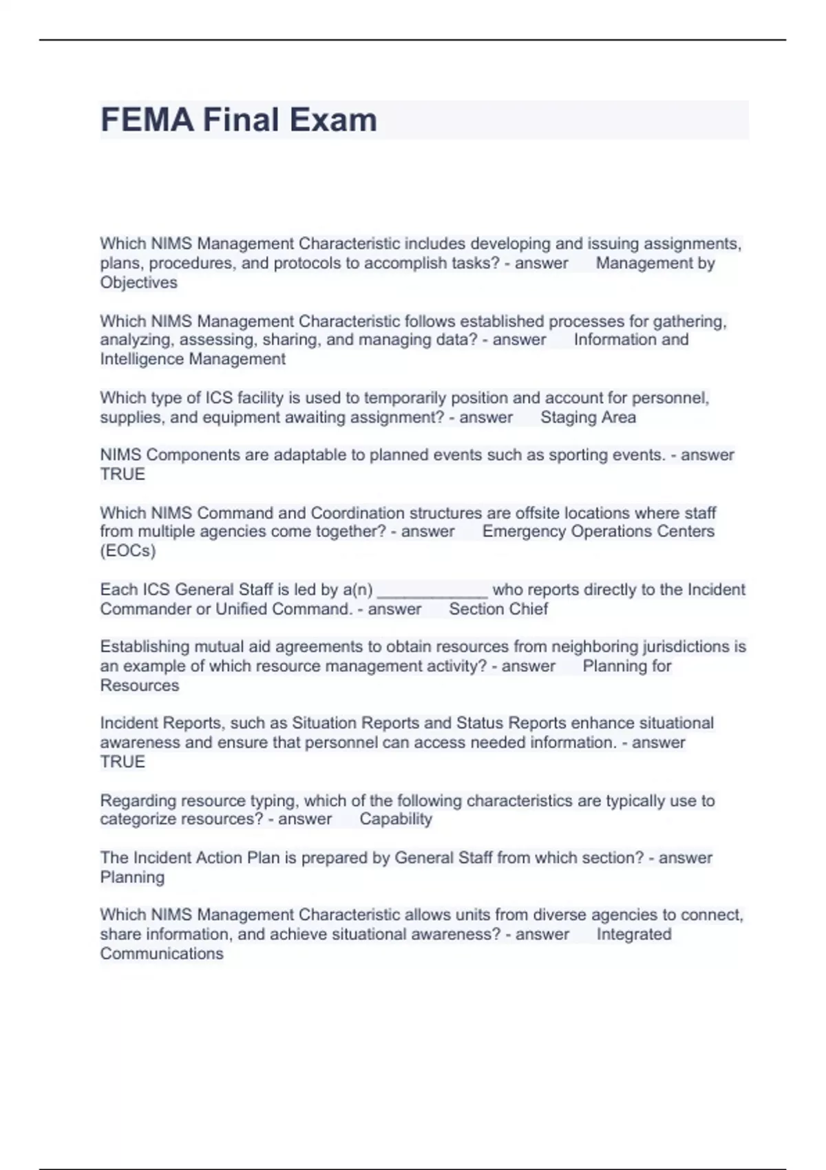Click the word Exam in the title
333,120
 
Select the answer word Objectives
138,283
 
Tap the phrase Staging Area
588,417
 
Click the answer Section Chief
498,609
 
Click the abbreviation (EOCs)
128,551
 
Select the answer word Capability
396,819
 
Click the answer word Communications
162,954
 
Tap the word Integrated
633,934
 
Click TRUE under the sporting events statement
123,475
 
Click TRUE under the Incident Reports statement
123,762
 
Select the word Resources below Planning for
139,685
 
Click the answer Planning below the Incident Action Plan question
132,877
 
